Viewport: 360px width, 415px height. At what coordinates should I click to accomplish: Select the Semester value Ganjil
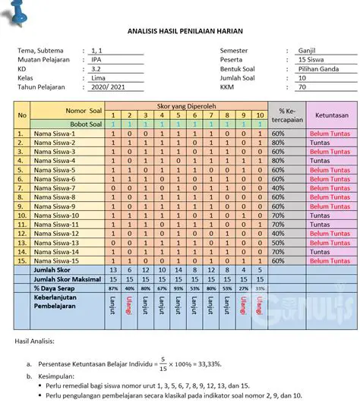tap(308, 51)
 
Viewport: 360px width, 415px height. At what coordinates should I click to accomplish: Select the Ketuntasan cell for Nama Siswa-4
tap(319, 161)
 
